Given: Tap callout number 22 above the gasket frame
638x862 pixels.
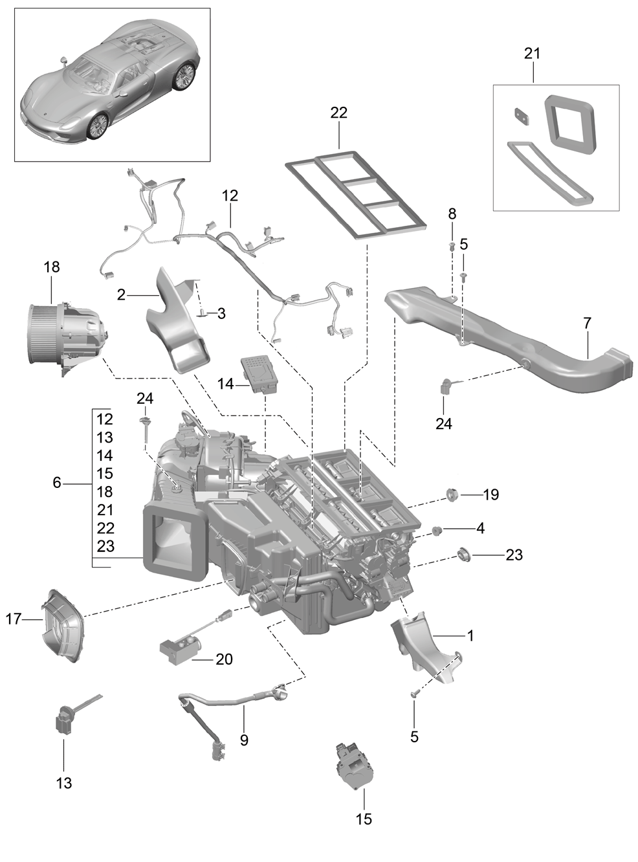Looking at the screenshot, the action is [338, 113].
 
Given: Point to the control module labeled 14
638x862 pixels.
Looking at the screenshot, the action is [260, 374].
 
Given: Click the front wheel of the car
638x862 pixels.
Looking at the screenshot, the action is [96, 126].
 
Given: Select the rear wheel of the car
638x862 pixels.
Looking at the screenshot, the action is [184, 75].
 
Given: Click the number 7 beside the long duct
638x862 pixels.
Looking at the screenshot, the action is [587, 323].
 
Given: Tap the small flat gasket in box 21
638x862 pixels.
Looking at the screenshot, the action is [523, 116].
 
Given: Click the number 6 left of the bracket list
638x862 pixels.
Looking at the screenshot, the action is [57, 483].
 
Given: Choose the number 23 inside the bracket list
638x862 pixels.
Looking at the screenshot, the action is [105, 546].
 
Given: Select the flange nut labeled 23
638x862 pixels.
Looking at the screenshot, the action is [463, 553].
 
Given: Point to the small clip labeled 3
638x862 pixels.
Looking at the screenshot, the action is [203, 314].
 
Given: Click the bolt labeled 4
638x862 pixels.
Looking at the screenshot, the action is [437, 530].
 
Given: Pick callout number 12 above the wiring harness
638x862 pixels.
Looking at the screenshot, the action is [230, 195].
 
